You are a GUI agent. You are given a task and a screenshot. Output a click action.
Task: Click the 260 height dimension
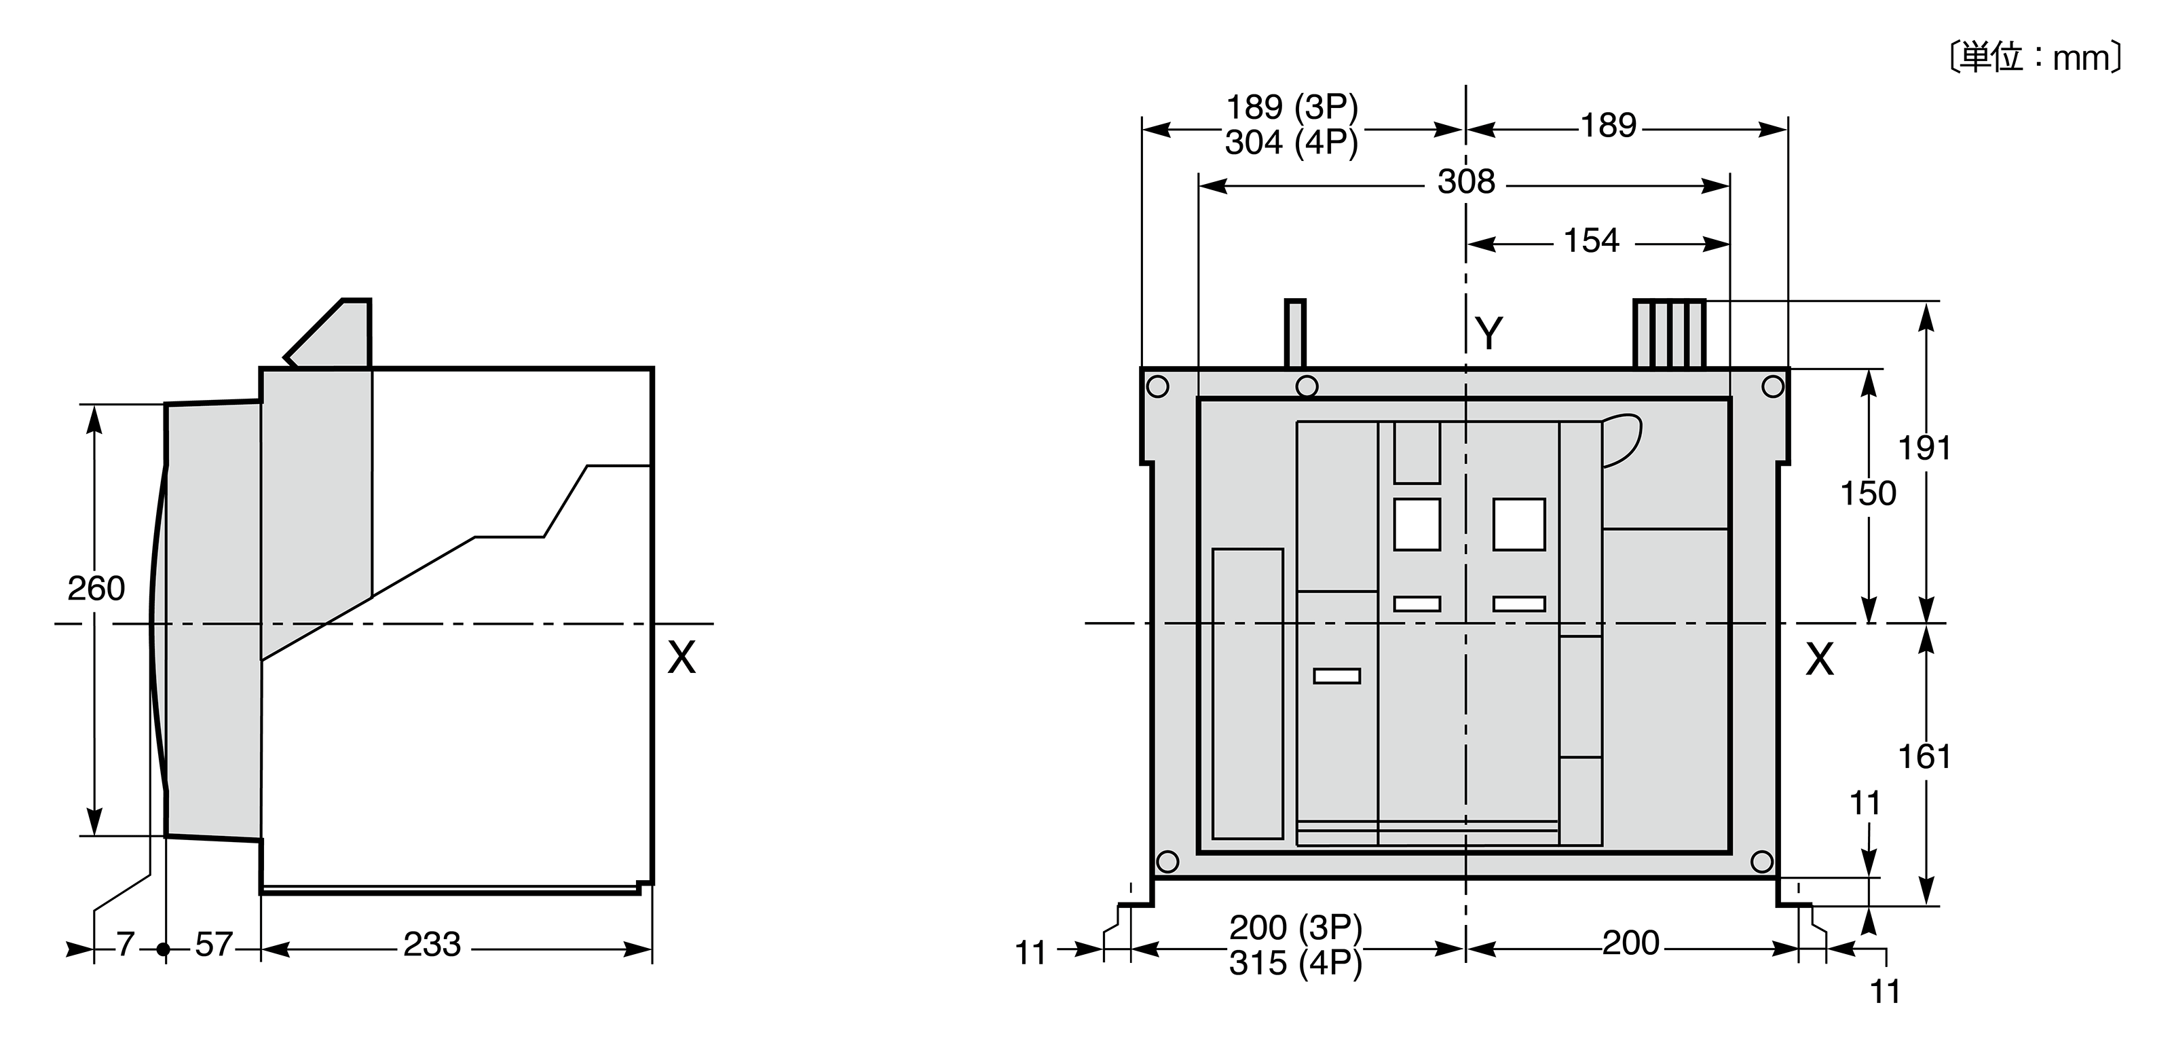[96, 588]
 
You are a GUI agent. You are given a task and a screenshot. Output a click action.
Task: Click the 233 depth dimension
[432, 945]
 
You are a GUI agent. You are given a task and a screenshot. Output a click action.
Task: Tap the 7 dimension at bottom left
[126, 945]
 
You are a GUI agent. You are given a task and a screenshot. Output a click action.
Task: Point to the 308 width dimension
[1466, 181]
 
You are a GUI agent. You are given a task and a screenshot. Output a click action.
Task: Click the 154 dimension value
[1592, 240]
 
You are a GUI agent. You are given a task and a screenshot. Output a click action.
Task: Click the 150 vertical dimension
[1869, 494]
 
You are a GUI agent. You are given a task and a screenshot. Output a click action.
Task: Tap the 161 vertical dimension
[1925, 757]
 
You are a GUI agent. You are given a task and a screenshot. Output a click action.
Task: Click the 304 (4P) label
[1292, 143]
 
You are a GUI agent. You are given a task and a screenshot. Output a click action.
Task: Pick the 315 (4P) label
[1296, 963]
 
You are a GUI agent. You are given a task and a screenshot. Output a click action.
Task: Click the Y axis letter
[1490, 334]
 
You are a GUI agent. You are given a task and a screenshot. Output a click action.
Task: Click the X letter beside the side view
[681, 658]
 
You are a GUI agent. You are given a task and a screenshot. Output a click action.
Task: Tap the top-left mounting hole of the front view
[1159, 387]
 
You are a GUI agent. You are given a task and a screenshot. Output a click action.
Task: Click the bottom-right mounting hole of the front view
[1762, 861]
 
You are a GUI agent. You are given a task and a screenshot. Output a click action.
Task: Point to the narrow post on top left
[1295, 334]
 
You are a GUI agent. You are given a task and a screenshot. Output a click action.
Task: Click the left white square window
[1417, 524]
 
